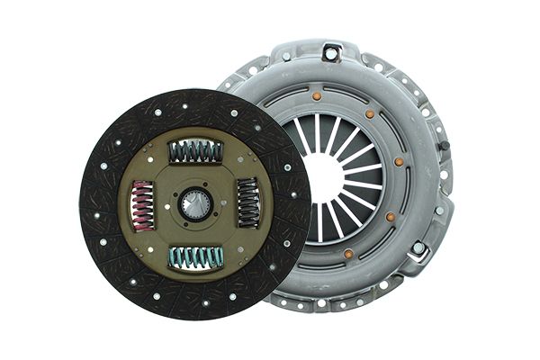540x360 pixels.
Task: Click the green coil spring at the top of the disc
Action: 195,152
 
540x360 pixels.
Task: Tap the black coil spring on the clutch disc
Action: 247,202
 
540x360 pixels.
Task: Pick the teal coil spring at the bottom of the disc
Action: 196,257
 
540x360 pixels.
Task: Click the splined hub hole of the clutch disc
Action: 194,204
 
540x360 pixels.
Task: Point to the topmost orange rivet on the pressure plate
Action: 317,95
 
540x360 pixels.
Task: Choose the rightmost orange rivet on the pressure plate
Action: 399,163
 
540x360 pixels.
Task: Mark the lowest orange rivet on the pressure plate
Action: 348,254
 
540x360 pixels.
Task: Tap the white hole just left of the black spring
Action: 223,202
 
